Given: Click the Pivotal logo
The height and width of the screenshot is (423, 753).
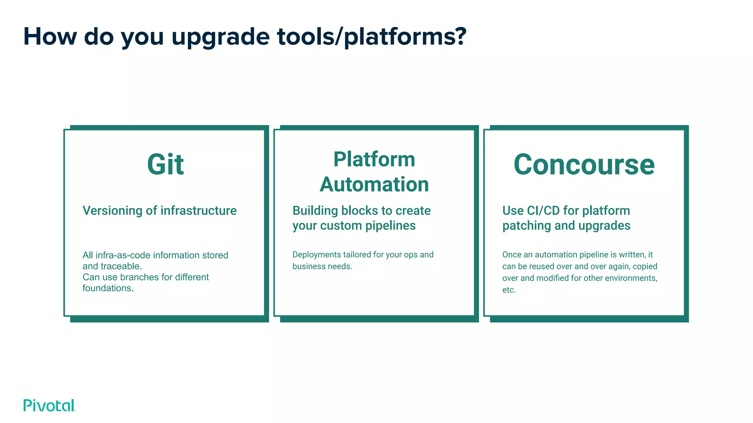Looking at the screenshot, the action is point(49,405).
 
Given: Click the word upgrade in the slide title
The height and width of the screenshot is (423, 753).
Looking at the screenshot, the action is point(221,37).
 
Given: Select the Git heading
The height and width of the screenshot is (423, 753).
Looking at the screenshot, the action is point(165,164).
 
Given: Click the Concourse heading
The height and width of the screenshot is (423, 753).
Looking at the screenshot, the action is point(584,164).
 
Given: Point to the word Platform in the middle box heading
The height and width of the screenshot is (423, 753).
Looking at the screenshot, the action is point(374,159).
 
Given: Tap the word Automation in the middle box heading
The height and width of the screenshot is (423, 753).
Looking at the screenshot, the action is point(374,184).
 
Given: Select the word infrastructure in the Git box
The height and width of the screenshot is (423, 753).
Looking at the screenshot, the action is point(199,211).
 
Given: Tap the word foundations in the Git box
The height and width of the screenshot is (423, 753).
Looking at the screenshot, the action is point(108,288).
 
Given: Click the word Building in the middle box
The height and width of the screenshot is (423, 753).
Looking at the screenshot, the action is point(315,211).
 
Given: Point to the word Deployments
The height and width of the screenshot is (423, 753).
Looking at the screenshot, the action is point(317,255).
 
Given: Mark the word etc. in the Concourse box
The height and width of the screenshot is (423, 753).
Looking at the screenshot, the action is point(509,290).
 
